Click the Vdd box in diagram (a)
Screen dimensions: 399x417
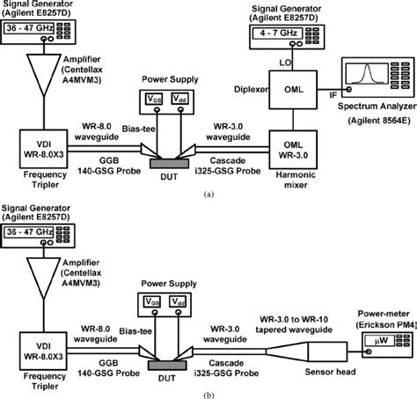[179, 99]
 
